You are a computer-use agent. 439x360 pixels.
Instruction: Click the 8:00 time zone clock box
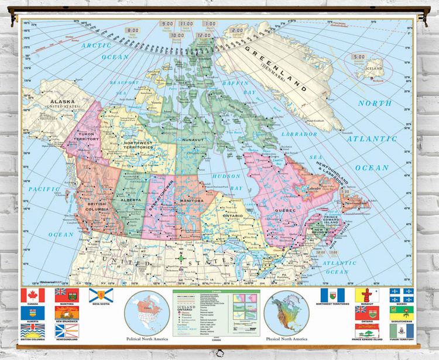(133, 30)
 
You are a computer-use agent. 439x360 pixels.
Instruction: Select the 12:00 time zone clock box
(204, 35)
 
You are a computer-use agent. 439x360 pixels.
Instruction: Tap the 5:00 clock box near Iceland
(358, 57)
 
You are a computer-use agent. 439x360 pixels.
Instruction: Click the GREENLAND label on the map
(276, 67)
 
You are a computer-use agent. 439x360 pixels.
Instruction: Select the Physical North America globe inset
(286, 313)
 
